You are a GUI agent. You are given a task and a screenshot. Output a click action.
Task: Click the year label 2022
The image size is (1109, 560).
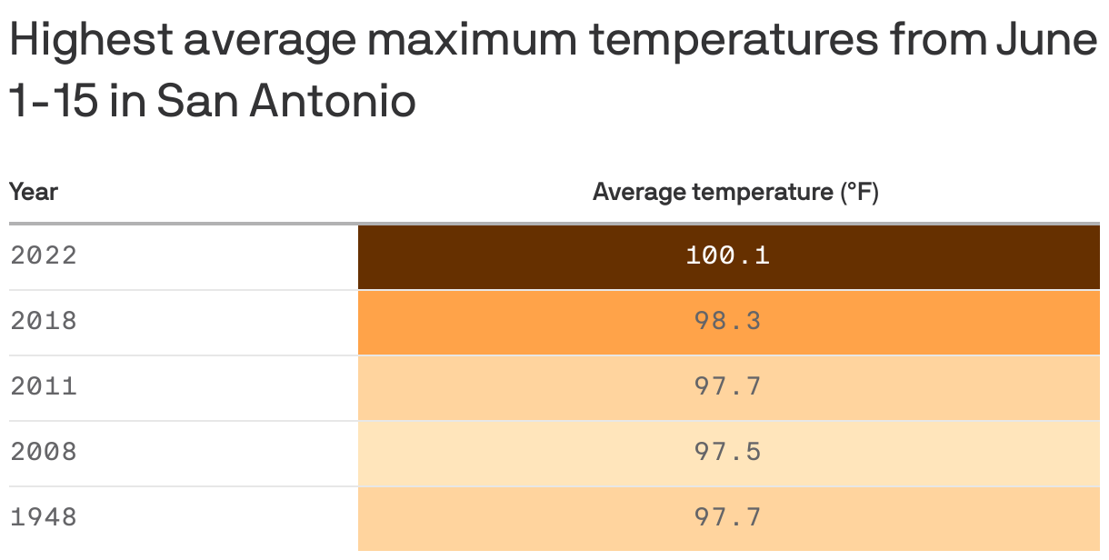pyautogui.click(x=44, y=255)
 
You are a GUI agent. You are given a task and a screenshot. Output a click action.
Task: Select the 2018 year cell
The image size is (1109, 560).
pyautogui.click(x=44, y=321)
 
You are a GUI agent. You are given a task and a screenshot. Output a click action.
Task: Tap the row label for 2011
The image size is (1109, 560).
pyautogui.click(x=44, y=386)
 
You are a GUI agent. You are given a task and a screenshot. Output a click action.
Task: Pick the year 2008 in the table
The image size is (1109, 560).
pyautogui.click(x=44, y=452)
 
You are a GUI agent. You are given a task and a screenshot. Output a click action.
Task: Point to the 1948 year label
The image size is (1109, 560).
pyautogui.click(x=44, y=517)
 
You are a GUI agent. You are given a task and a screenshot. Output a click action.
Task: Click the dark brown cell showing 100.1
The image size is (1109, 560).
pyautogui.click(x=727, y=255)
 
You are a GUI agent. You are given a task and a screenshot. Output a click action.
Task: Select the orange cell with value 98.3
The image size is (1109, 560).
pyautogui.click(x=727, y=321)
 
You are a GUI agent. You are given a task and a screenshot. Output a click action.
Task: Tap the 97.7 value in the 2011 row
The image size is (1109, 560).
pyautogui.click(x=727, y=386)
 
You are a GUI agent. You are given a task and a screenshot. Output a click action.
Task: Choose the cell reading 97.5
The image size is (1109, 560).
pyautogui.click(x=727, y=452)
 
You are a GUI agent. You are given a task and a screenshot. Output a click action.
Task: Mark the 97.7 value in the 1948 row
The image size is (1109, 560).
pyautogui.click(x=727, y=517)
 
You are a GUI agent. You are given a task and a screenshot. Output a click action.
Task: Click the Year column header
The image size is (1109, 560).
pyautogui.click(x=34, y=192)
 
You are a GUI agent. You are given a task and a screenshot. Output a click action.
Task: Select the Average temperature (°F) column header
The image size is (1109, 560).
pyautogui.click(x=734, y=192)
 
